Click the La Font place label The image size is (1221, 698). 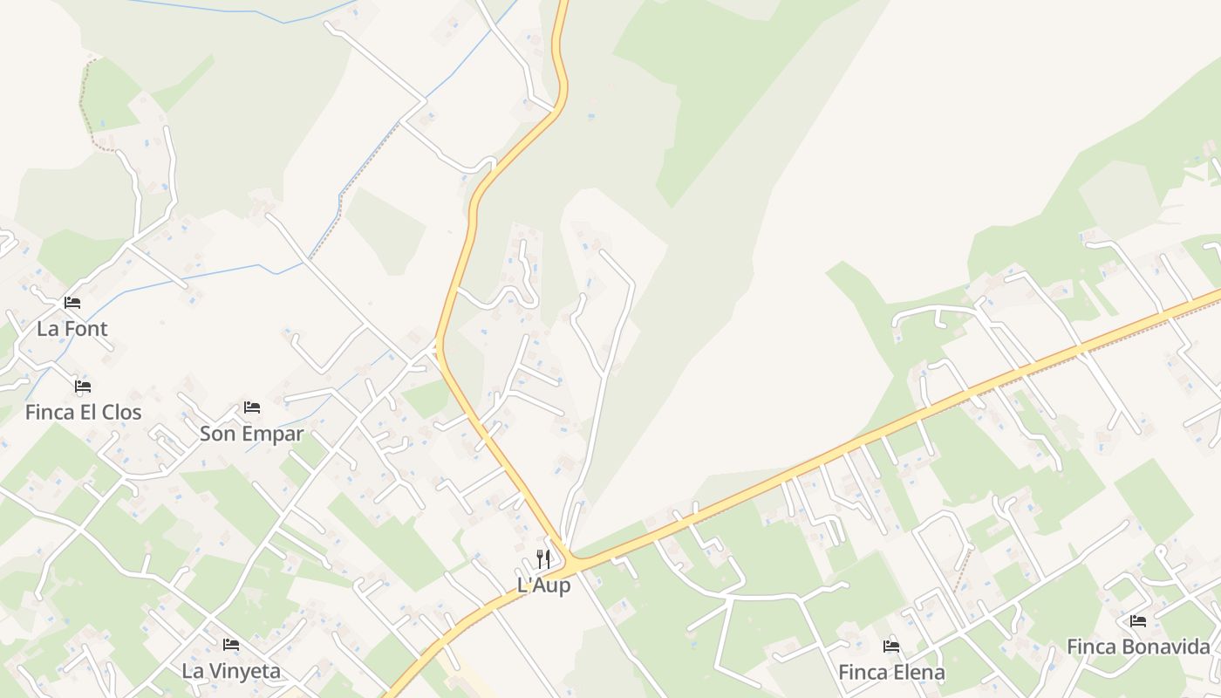pos(72,329)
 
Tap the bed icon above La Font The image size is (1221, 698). pos(72,303)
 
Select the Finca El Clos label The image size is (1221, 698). pos(83,412)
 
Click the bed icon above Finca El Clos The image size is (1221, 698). pos(83,386)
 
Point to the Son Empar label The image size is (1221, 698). pos(251,434)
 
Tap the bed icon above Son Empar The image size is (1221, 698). pos(252,407)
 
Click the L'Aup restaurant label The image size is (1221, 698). pos(543,585)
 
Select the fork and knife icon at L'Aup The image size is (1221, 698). pos(543,559)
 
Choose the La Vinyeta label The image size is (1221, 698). pos(231,671)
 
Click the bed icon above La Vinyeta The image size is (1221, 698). pos(231,645)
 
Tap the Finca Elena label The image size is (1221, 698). pos(891,673)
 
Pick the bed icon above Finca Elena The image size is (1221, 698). pos(891,647)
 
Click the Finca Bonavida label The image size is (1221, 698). pos(1138,647)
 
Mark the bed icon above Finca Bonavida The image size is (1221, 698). pos(1138,621)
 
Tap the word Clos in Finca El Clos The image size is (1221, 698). pos(122,412)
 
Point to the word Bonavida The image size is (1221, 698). pos(1166,647)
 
